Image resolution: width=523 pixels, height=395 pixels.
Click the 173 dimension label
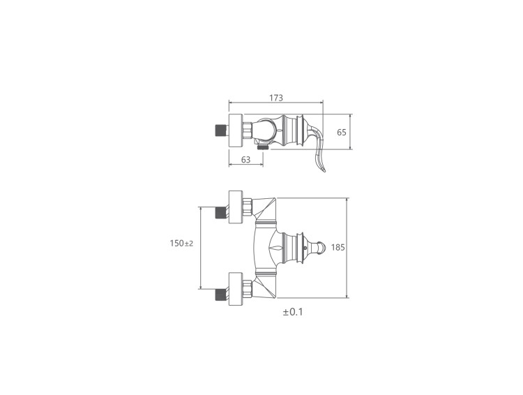[276, 98]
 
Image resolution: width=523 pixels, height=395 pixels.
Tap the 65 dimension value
[342, 132]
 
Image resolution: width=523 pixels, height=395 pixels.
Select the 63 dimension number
[246, 160]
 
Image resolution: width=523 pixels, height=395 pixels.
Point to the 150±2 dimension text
[181, 243]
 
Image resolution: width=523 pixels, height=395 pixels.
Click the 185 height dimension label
[338, 248]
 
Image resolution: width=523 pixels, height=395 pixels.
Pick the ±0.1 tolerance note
[293, 312]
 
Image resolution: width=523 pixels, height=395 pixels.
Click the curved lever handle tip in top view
[324, 170]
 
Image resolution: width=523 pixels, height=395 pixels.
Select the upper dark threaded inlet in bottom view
[220, 212]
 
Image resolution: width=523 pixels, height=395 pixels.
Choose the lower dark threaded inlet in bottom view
[220, 294]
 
